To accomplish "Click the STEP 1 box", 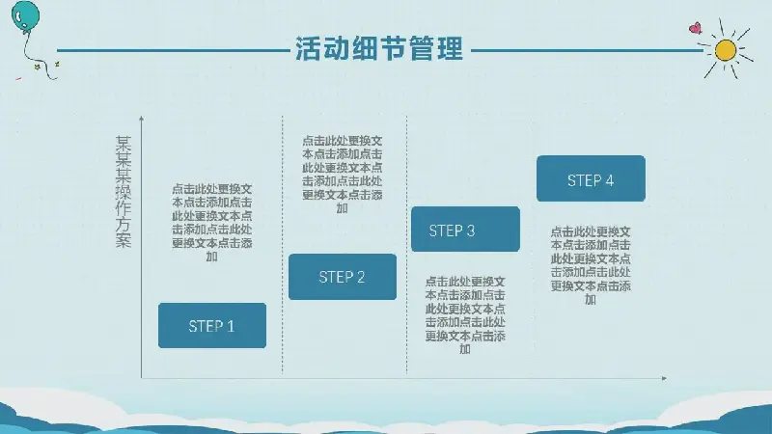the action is pyautogui.click(x=212, y=326).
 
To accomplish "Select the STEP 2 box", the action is pyautogui.click(x=343, y=277).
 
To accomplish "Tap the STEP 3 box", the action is pyautogui.click(x=465, y=230).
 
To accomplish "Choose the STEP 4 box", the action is pyautogui.click(x=591, y=178).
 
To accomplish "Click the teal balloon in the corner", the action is pyautogui.click(x=25, y=17).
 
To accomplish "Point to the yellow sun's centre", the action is pyautogui.click(x=726, y=50).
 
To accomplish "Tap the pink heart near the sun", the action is pyautogui.click(x=695, y=28).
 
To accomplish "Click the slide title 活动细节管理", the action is pyautogui.click(x=379, y=48).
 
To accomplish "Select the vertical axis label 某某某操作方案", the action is pyautogui.click(x=124, y=191).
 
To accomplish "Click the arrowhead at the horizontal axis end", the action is pyautogui.click(x=664, y=378).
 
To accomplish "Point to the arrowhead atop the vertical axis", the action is pyautogui.click(x=141, y=118).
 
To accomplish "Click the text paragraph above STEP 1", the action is pyautogui.click(x=212, y=223).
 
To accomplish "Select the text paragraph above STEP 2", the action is pyautogui.click(x=343, y=175).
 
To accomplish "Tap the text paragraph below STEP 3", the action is pyautogui.click(x=465, y=315).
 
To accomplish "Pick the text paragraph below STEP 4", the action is pyautogui.click(x=591, y=265).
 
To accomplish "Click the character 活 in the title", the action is pyautogui.click(x=308, y=48).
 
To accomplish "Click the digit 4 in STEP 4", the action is pyautogui.click(x=610, y=180).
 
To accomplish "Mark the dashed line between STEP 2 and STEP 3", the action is pyautogui.click(x=406, y=245).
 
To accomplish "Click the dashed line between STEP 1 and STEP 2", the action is pyautogui.click(x=282, y=245).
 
